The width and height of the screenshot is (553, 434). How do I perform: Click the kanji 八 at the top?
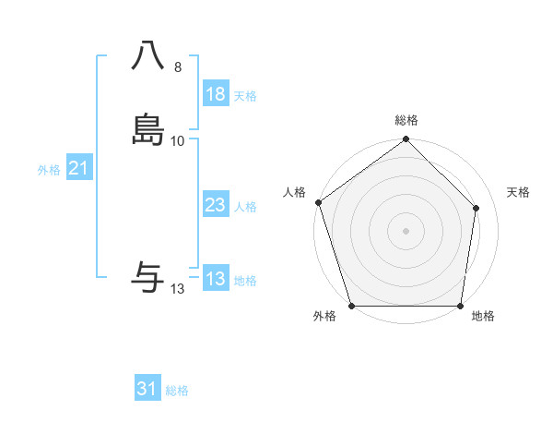tap(148, 57)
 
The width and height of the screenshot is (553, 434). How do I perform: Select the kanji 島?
tap(148, 130)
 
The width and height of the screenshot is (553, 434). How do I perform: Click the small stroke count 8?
tap(177, 67)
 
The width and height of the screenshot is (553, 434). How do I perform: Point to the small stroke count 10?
tap(178, 140)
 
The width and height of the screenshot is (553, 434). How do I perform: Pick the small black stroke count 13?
tap(178, 289)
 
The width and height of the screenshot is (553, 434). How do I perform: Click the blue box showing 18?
tap(216, 94)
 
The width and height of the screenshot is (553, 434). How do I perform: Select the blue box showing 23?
tap(216, 205)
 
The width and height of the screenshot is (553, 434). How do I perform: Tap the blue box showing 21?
tap(78, 168)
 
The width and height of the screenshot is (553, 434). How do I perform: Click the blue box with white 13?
tap(216, 279)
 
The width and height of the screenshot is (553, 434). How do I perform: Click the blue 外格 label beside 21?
tap(49, 170)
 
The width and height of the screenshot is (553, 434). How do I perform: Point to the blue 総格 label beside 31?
tap(177, 391)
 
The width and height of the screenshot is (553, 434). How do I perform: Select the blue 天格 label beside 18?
tap(245, 96)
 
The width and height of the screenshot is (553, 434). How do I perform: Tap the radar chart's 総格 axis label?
tap(406, 120)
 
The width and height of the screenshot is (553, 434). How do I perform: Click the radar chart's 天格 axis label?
tap(519, 192)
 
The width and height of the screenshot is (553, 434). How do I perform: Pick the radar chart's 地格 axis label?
tap(483, 317)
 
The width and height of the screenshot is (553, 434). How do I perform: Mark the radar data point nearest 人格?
tap(318, 202)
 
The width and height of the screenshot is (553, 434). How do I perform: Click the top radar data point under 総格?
tap(406, 140)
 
